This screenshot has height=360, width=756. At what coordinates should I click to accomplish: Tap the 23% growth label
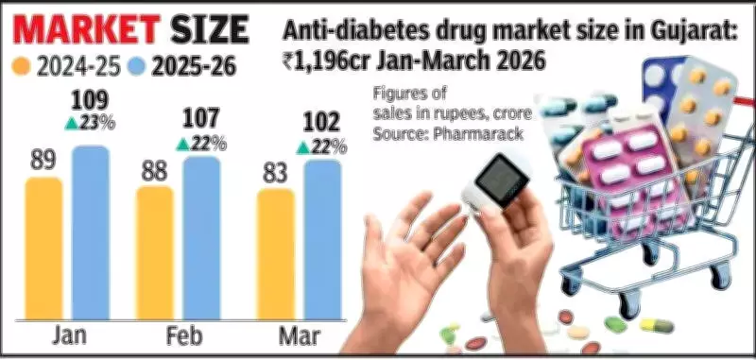coord(92,123)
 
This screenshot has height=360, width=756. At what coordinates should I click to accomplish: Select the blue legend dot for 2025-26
coord(138,68)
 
